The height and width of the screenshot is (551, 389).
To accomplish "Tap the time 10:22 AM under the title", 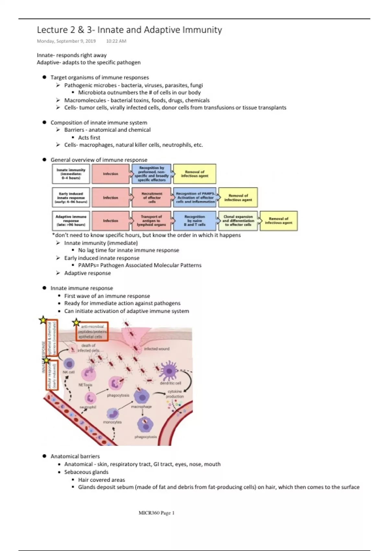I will (116, 41).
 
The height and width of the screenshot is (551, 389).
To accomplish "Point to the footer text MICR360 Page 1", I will (156, 513).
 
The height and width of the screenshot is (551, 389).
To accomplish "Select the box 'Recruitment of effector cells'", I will (152, 197).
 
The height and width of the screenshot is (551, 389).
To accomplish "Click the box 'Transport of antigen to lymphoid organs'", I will (151, 221).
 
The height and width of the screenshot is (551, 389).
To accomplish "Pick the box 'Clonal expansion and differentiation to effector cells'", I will (238, 221).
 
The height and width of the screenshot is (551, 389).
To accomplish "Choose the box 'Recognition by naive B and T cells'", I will (194, 221).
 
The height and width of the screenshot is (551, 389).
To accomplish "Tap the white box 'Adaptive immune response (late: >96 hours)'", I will (71, 221).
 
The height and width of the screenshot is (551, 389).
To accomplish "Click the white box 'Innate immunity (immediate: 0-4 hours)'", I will (71, 174).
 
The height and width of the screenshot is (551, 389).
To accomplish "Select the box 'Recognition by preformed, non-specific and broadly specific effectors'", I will (151, 174).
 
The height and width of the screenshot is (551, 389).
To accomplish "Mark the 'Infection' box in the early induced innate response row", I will (111, 197).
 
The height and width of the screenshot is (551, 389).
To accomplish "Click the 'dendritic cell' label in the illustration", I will (171, 383).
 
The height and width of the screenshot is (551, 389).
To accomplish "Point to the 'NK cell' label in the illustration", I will (68, 372).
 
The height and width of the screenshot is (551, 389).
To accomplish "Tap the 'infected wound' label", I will (157, 349).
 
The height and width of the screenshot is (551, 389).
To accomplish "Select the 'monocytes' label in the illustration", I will (112, 422).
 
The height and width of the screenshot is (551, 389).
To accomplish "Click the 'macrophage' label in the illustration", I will (141, 406).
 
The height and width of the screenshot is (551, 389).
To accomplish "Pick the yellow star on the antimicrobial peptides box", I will (76, 322).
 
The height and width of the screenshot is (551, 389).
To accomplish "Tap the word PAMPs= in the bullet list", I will (88, 265).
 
